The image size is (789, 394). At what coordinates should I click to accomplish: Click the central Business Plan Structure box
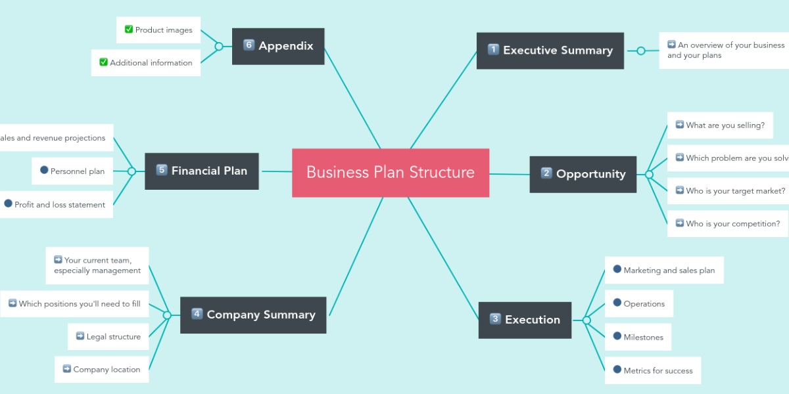click(391, 173)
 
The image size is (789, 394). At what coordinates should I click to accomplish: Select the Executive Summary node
click(550, 51)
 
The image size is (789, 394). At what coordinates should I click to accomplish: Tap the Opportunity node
click(583, 174)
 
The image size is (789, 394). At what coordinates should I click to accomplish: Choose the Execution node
click(525, 320)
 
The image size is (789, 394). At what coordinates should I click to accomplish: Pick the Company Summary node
click(253, 315)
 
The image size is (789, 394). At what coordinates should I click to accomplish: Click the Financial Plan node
click(202, 171)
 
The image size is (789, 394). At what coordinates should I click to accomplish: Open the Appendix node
click(278, 46)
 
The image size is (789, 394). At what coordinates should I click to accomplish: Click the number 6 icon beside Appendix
click(249, 45)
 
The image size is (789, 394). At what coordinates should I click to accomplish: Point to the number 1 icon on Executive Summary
click(493, 49)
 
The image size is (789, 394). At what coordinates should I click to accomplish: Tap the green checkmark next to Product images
click(129, 30)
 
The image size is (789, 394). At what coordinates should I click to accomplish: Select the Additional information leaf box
click(146, 63)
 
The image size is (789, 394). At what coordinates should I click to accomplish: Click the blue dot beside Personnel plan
click(44, 170)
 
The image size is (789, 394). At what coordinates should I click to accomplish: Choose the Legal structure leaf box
click(108, 337)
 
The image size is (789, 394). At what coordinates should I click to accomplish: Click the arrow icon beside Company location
click(66, 369)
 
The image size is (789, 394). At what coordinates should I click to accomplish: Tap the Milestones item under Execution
click(638, 337)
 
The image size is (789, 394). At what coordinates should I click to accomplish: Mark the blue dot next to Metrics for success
click(617, 370)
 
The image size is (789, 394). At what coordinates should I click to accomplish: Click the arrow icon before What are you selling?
click(680, 125)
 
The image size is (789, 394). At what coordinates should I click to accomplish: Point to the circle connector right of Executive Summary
click(641, 51)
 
